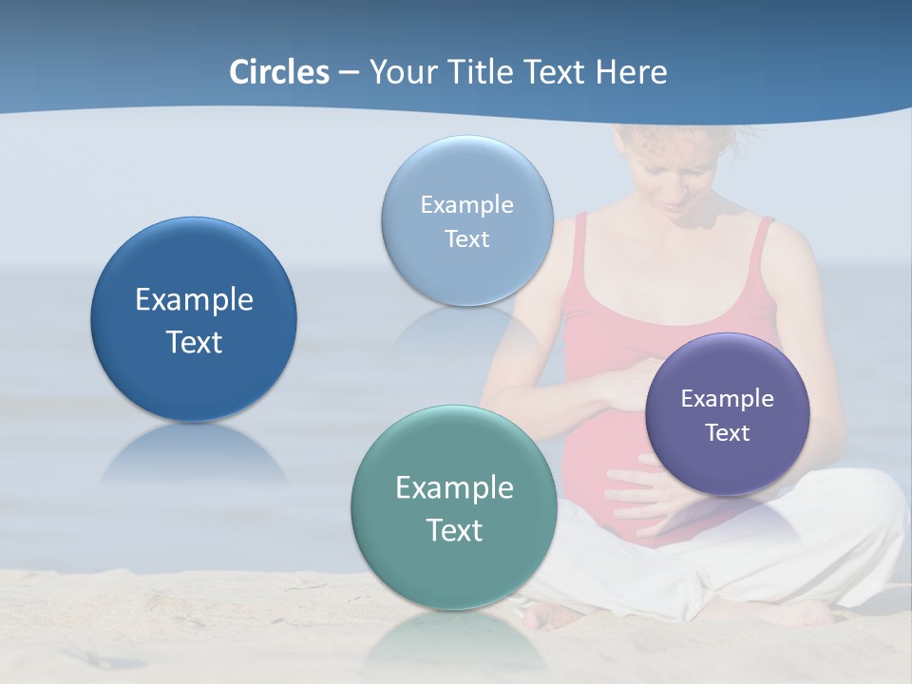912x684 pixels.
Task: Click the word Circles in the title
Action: pos(279,72)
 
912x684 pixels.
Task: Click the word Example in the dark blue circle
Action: pos(194,300)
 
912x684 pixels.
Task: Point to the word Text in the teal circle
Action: pos(454,530)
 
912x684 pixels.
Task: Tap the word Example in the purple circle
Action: pos(728,399)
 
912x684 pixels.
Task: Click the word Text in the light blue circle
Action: pos(467,239)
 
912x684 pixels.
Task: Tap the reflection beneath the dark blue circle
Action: pos(194,456)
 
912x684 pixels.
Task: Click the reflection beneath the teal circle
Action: pos(454,641)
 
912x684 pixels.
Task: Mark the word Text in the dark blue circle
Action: pos(194,342)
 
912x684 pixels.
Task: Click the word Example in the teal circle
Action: pos(454,488)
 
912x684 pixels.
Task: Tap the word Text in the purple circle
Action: pos(728,433)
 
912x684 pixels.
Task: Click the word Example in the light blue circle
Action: pos(467,205)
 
